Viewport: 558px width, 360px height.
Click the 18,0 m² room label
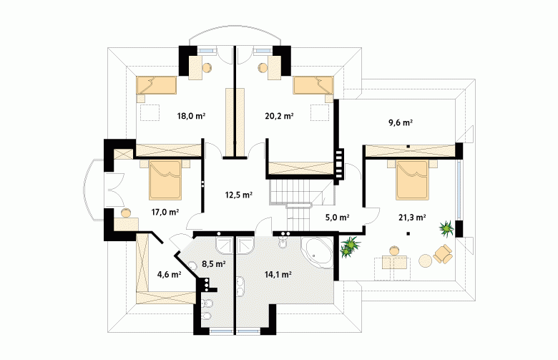pos(191,116)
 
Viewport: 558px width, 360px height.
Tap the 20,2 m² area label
pos(279,116)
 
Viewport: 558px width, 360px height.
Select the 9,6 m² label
pos(401,123)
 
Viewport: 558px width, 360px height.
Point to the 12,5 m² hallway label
pos(239,195)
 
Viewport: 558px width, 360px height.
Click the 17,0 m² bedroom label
pos(165,213)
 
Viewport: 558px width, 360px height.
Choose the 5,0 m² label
pos(337,217)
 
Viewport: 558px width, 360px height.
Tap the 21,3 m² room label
pos(412,217)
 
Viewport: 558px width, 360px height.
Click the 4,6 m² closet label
pos(170,274)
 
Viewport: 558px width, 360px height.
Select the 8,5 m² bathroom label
pos(214,264)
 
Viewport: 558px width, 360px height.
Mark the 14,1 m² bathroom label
pos(278,274)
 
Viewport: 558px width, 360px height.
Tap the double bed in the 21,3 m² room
pos(412,180)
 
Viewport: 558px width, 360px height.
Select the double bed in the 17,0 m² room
pos(165,180)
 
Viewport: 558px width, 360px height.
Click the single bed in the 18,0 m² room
pos(157,85)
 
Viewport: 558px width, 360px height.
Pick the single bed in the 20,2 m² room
pos(313,85)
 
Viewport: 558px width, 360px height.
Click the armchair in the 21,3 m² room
pos(442,254)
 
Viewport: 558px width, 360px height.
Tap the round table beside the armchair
pos(425,261)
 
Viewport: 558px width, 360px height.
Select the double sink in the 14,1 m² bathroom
pos(241,287)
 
